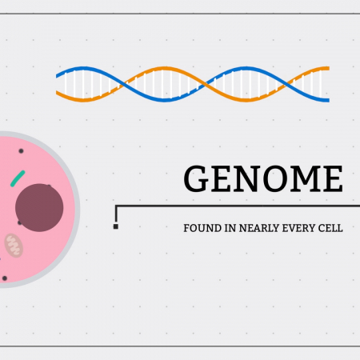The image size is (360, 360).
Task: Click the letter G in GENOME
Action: pyautogui.click(x=196, y=178)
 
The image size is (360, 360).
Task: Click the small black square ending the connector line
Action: pyautogui.click(x=116, y=226)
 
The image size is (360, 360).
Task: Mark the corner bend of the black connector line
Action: pyautogui.click(x=116, y=206)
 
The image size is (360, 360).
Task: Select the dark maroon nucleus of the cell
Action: pyautogui.click(x=39, y=207)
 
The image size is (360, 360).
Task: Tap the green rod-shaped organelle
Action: pyautogui.click(x=18, y=178)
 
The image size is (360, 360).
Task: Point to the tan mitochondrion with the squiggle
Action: pyautogui.click(x=14, y=246)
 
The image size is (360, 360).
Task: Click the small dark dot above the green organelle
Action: pyautogui.click(x=21, y=151)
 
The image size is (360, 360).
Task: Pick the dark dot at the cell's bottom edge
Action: pyautogui.click(x=5, y=278)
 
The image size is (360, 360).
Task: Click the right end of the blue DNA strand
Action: pyautogui.click(x=329, y=100)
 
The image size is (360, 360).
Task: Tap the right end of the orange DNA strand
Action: pyautogui.click(x=329, y=68)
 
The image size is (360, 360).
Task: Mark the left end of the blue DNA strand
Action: pyautogui.click(x=57, y=76)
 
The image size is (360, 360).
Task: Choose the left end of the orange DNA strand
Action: pyautogui.click(x=57, y=93)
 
